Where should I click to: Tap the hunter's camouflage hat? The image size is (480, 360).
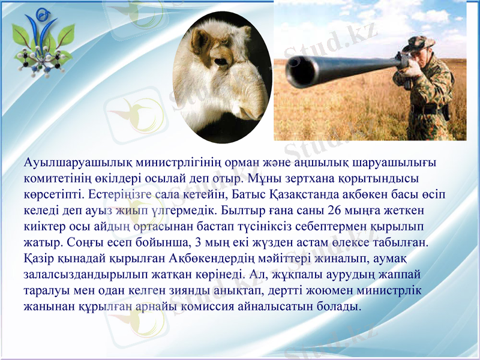tap(418, 43)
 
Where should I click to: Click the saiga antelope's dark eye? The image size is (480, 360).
tap(220, 60)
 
